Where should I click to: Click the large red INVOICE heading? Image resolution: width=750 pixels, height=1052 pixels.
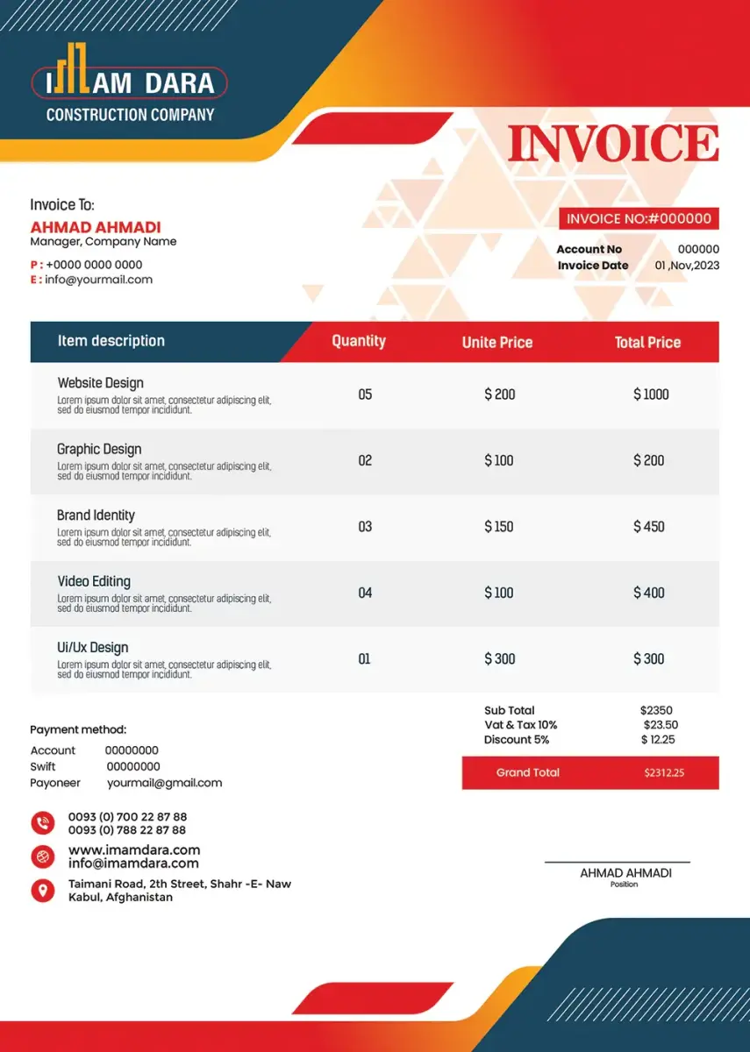point(612,145)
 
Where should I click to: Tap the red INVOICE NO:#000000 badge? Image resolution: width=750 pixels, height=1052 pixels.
point(639,219)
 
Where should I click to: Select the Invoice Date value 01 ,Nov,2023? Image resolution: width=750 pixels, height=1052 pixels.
point(687,266)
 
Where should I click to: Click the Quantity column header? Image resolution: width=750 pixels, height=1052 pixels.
point(359,341)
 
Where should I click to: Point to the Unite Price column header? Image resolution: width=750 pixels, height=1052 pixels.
point(497,342)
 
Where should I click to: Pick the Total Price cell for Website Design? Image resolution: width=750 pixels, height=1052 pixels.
point(651,394)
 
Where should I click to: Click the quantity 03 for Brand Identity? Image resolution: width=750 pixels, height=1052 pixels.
point(365,527)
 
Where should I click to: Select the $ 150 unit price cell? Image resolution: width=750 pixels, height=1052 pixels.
point(499,527)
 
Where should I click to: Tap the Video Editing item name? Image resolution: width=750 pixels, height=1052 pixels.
point(94,581)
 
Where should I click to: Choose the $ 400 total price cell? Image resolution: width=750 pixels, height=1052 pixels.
point(649,593)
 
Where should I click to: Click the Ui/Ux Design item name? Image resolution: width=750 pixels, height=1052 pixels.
point(93,647)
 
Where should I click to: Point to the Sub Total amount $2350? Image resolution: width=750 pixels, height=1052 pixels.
point(656,710)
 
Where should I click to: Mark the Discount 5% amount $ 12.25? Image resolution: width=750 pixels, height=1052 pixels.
point(658,740)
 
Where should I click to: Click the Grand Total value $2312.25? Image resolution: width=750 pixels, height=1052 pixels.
point(664,773)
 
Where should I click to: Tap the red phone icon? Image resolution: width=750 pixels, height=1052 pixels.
point(43,822)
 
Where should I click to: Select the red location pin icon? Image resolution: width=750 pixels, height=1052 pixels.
point(43,891)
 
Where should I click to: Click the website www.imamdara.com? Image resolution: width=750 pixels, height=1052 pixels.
point(134,849)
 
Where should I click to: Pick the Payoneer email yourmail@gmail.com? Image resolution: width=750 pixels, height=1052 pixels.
point(165,783)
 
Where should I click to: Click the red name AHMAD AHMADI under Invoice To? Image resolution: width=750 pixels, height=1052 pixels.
point(96,227)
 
